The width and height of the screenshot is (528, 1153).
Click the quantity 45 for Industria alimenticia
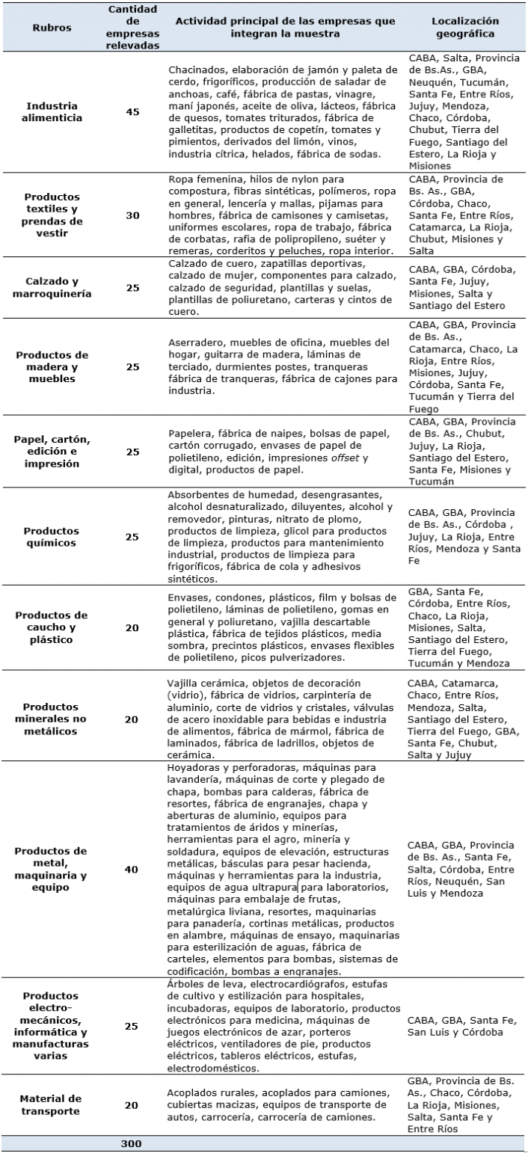(x=132, y=111)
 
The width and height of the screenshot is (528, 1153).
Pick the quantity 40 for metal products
(x=132, y=869)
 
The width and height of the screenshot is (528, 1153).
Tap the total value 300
(x=132, y=1143)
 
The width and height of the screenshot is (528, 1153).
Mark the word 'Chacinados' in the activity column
(x=196, y=70)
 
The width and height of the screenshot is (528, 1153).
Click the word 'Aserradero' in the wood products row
(x=195, y=342)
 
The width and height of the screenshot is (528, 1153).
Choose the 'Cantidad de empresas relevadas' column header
(x=132, y=28)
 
